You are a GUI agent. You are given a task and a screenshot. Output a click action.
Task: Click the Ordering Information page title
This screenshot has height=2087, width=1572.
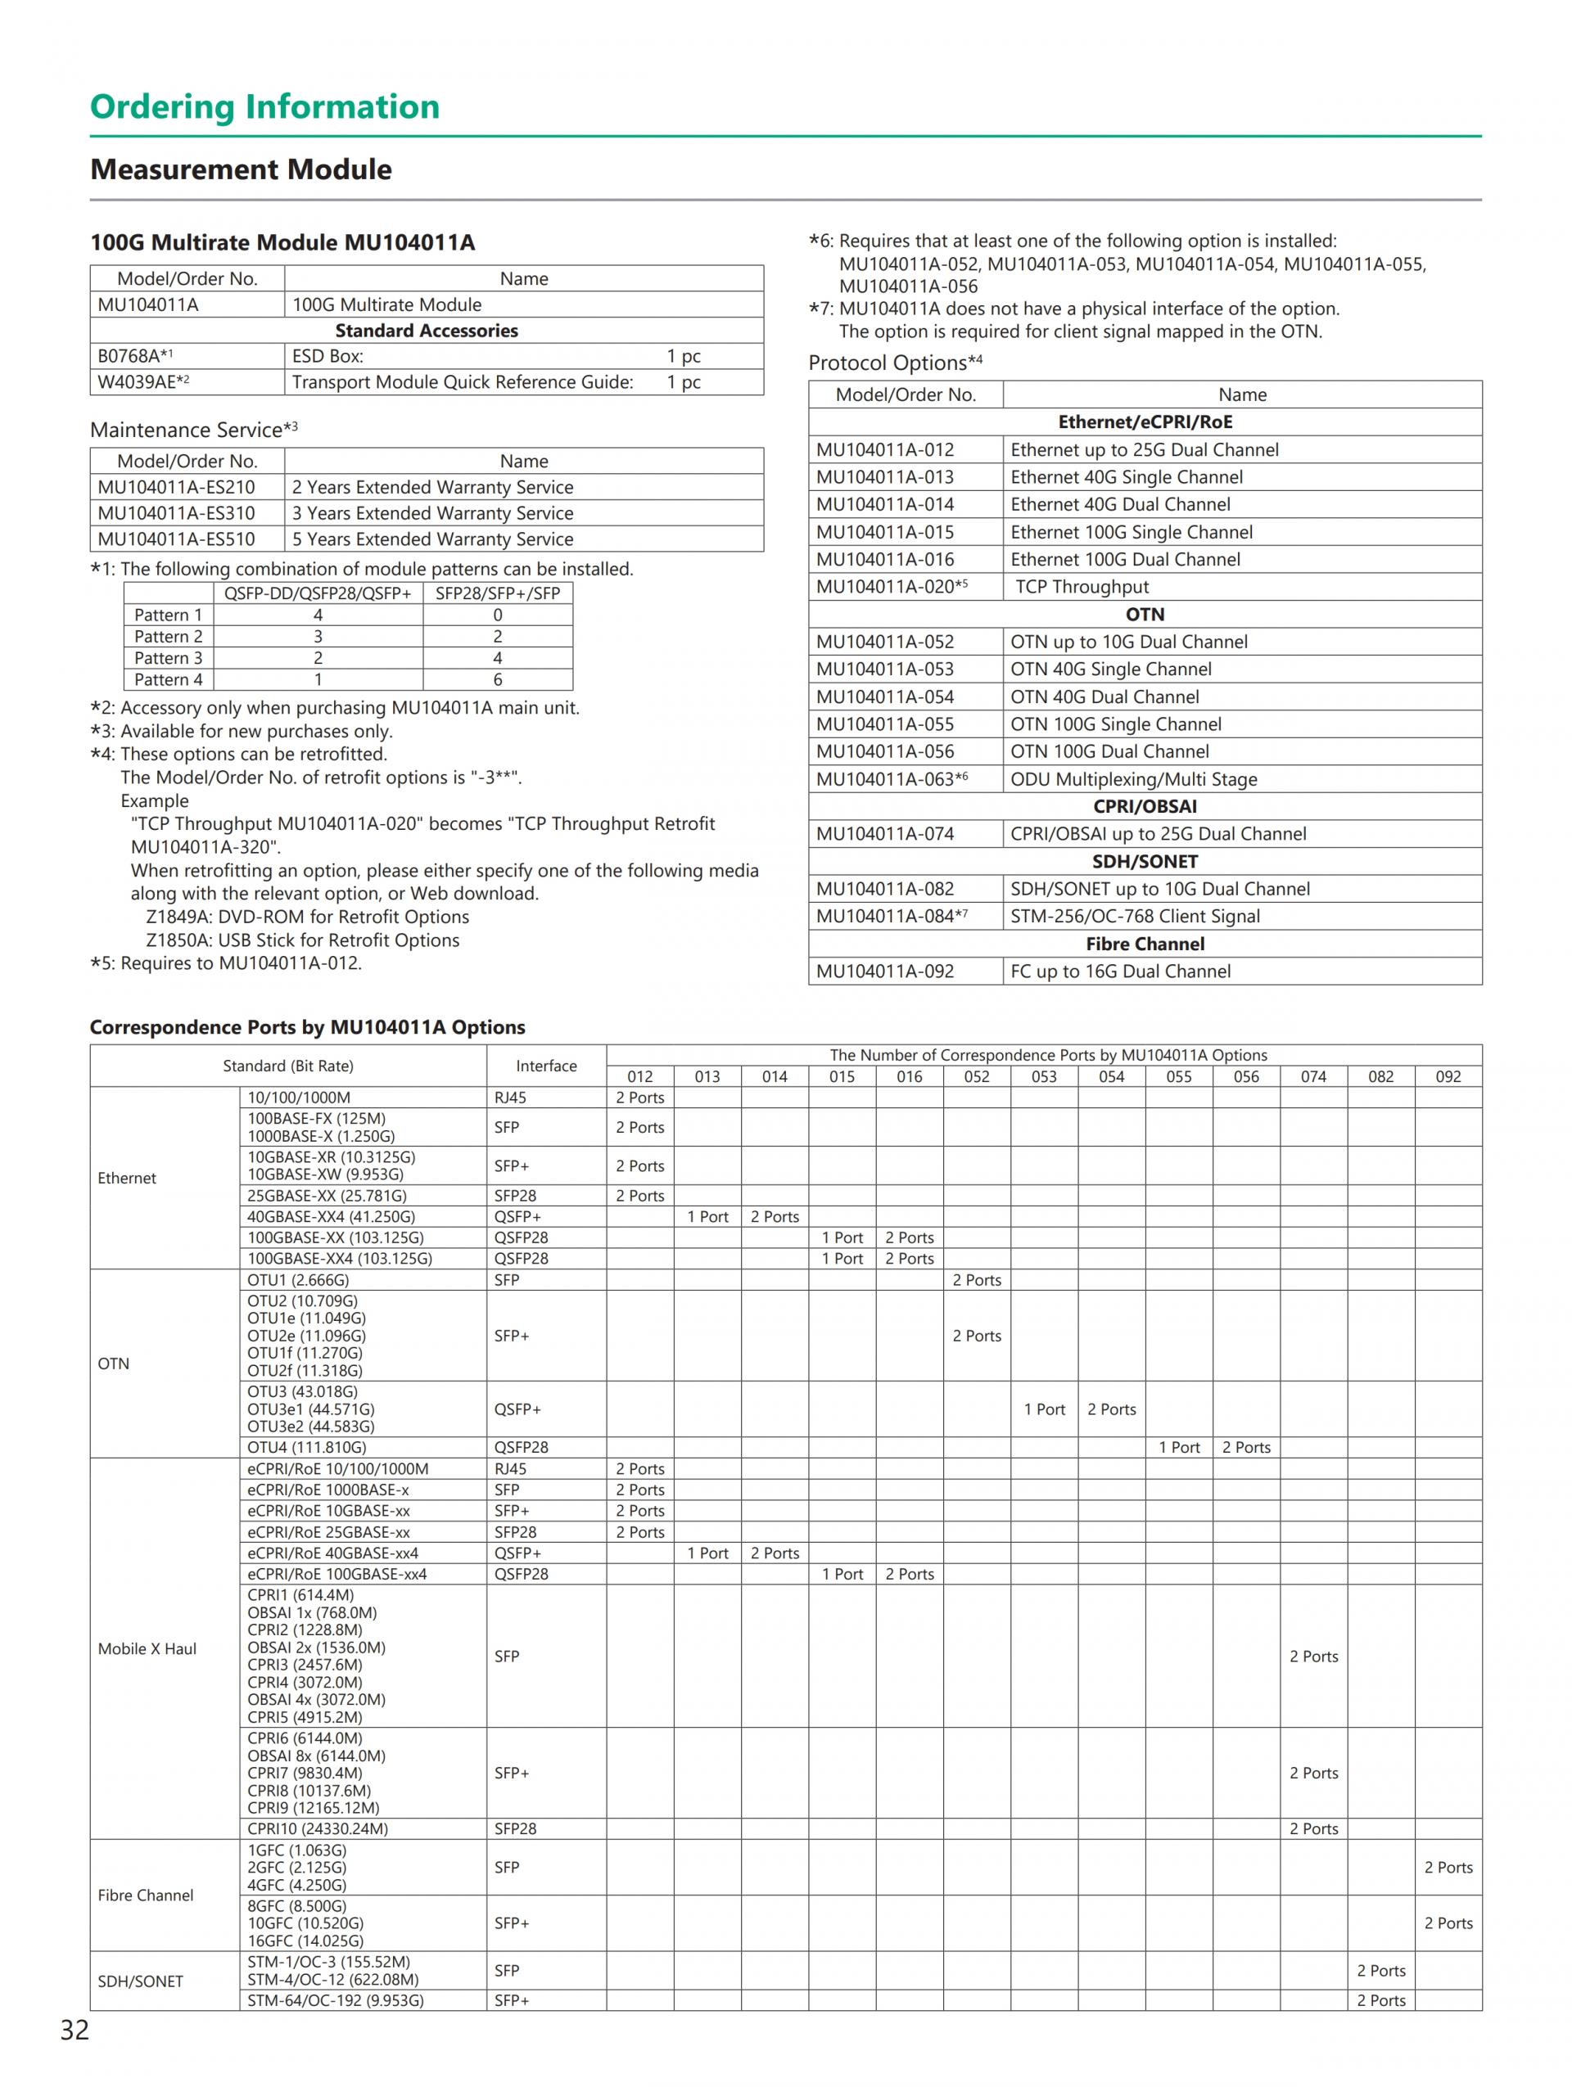pos(264,106)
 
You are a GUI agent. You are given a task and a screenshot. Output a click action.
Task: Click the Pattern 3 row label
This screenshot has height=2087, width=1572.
pos(168,658)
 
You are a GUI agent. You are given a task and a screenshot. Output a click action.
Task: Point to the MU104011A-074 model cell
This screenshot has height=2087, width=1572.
pos(884,833)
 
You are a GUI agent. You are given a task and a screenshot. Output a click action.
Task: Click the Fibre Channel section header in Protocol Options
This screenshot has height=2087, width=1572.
pos(1144,944)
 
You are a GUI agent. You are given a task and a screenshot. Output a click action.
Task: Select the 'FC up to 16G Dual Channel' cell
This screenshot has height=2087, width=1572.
pos(1120,971)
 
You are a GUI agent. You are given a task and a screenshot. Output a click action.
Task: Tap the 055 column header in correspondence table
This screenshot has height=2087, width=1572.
pos(1178,1076)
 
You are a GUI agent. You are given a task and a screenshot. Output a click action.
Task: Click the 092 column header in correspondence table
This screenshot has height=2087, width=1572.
pos(1448,1076)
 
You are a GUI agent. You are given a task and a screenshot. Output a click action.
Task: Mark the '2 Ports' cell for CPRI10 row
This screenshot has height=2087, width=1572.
pos(1313,1828)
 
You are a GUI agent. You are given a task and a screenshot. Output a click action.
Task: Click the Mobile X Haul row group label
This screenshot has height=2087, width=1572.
pos(147,1648)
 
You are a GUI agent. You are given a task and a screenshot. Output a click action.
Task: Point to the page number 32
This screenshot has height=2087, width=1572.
pos(75,2031)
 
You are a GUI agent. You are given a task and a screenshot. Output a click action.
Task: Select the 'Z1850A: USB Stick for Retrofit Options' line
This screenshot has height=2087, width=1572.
pos(302,940)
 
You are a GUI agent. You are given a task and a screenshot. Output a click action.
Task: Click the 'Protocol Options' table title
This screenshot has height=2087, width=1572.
pos(895,363)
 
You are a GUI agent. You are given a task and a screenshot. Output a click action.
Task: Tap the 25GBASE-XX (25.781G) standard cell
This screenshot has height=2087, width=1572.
pos(327,1196)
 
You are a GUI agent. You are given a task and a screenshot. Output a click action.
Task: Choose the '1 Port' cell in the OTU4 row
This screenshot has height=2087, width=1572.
pos(1178,1447)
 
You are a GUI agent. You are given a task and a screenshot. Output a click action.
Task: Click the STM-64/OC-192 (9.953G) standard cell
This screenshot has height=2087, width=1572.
pos(335,2000)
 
